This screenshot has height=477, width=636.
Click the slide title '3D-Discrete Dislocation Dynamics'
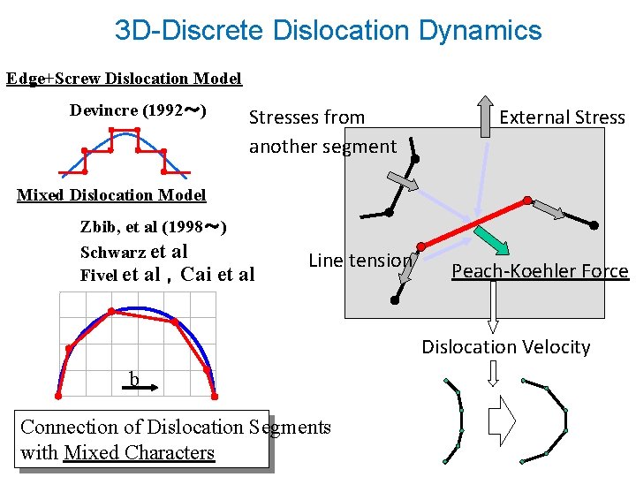[328, 31]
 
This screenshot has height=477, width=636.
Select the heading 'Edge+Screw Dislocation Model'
[124, 79]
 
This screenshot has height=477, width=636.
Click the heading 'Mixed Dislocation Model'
[111, 195]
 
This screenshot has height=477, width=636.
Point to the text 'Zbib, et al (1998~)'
[154, 227]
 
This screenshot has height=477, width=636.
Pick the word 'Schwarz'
[113, 252]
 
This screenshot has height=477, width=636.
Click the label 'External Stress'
[562, 117]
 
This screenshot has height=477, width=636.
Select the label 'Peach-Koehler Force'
[540, 271]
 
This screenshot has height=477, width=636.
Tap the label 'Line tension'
[360, 261]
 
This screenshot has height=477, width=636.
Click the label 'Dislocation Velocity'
[505, 347]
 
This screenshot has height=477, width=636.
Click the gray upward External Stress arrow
[484, 116]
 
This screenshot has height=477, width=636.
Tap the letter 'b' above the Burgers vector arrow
[134, 380]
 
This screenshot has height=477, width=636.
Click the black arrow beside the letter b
[151, 386]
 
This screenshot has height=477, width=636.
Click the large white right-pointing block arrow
[502, 420]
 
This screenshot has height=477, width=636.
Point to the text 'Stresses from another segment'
[322, 132]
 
